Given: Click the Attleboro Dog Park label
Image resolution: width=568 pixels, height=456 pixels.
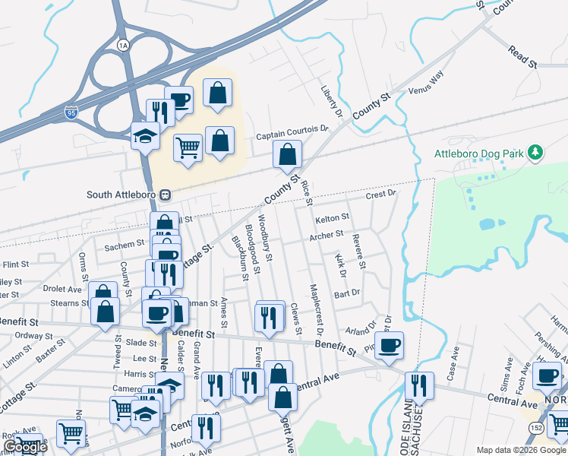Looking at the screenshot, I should click(478, 154).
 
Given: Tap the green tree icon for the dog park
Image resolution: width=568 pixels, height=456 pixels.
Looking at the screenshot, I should click(535, 153).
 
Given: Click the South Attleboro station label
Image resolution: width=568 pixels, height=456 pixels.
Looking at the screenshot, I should click(121, 195).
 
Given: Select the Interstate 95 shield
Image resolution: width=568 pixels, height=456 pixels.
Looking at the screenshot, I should click(71, 112).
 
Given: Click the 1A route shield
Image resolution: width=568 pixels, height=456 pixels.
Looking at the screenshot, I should click(124, 46).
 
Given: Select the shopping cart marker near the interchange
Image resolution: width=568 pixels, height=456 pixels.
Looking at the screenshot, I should click(188, 147).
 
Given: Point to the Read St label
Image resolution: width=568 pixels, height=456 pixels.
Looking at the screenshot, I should click(522, 56).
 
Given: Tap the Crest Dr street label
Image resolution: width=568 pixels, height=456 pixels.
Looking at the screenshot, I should click(381, 195).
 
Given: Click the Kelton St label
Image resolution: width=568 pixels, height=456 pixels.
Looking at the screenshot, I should click(332, 218).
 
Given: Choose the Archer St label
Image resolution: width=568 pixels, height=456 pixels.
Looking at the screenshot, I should click(327, 236).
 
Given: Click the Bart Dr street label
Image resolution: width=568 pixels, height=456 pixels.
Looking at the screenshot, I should click(346, 292).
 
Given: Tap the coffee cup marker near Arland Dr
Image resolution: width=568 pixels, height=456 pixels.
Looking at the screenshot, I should click(389, 346).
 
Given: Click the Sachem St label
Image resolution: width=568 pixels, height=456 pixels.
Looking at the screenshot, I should click(124, 245).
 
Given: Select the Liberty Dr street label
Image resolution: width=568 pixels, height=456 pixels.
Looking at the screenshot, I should click(331, 102).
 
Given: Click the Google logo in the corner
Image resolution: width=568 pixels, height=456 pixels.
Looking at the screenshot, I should click(26, 448).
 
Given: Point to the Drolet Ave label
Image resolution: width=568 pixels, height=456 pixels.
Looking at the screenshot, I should click(62, 290).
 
